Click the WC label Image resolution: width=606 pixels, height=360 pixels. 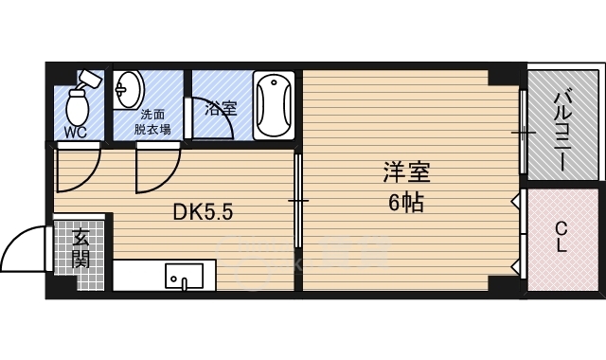[x=76, y=133]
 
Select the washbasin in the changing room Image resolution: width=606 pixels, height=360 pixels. [x=129, y=90]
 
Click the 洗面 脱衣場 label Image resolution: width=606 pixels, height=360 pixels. [x=152, y=122]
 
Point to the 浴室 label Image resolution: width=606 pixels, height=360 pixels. [x=221, y=109]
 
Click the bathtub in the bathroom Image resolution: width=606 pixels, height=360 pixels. [x=274, y=105]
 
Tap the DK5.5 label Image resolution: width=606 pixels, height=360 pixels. [x=203, y=212]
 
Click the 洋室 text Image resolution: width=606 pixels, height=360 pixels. [x=406, y=172]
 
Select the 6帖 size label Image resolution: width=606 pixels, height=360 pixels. [x=406, y=203]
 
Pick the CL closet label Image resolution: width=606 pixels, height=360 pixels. [x=561, y=238]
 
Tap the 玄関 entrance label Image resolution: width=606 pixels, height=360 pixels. [x=81, y=249]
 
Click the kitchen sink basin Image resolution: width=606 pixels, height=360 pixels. [x=185, y=276]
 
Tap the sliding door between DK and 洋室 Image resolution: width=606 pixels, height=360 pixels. [x=297, y=201]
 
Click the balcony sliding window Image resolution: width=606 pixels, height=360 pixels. [x=524, y=132]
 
